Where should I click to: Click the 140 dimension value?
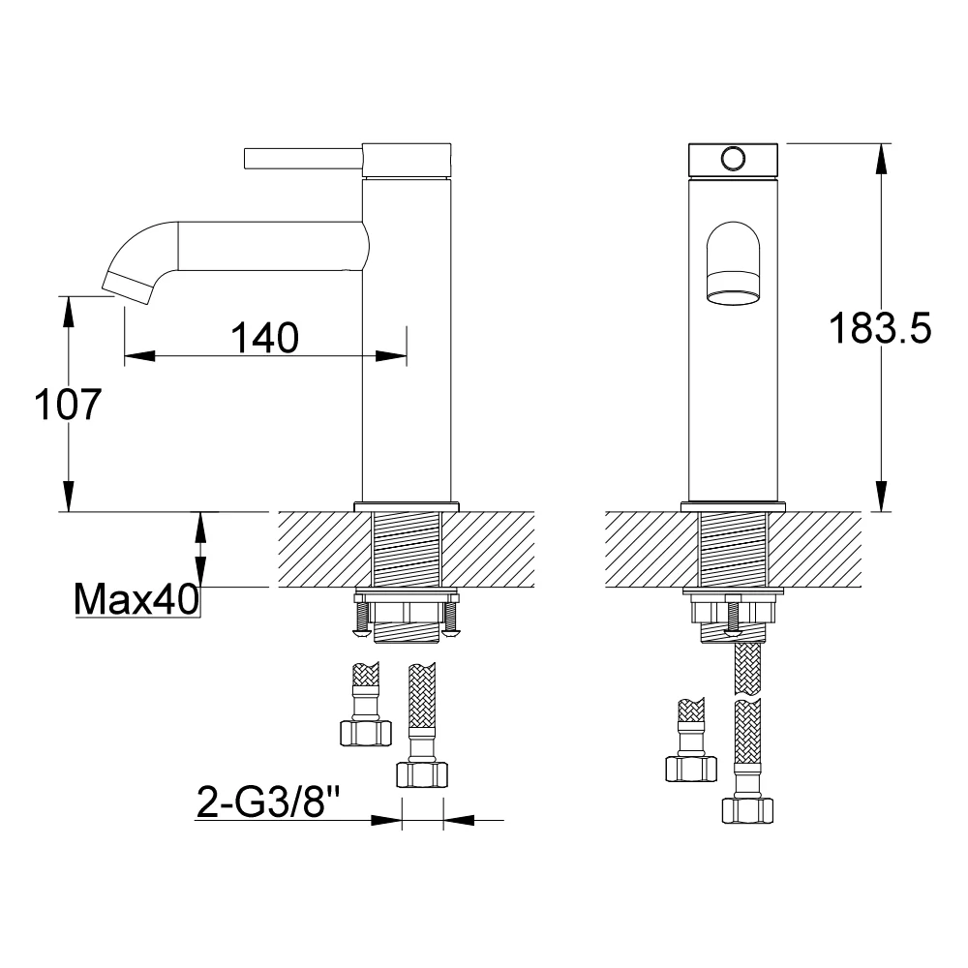(265, 338)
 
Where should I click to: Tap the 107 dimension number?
(68, 405)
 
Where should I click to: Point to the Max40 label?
(136, 598)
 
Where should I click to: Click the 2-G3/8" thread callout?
(268, 801)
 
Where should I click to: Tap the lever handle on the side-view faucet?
(303, 158)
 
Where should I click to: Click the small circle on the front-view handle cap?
(733, 160)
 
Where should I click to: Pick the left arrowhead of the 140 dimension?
(139, 356)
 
